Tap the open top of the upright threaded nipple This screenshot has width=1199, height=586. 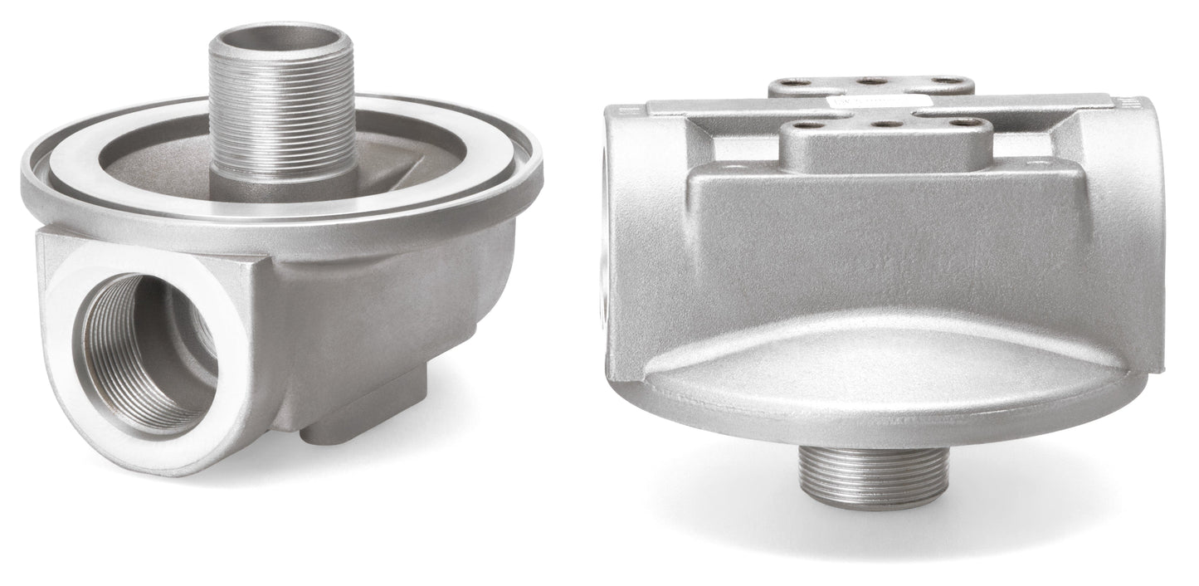click(x=283, y=38)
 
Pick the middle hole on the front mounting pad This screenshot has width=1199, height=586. click(x=888, y=124)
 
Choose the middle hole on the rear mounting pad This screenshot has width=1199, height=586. click(x=871, y=81)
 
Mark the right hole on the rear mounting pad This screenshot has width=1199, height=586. click(x=943, y=81)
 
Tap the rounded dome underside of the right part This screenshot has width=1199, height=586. click(x=880, y=374)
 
